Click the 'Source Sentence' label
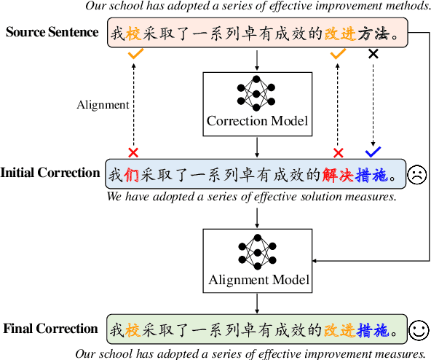point(52,33)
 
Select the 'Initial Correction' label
point(50,173)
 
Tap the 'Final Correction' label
point(50,329)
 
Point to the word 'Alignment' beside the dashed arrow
point(103,104)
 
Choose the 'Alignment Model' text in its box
point(258,279)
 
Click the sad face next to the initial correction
point(417,175)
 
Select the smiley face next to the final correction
point(418,330)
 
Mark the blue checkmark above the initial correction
point(373,152)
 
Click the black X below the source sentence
point(373,53)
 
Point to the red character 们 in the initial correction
point(132,176)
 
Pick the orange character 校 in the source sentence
point(132,34)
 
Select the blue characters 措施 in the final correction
point(373,331)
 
